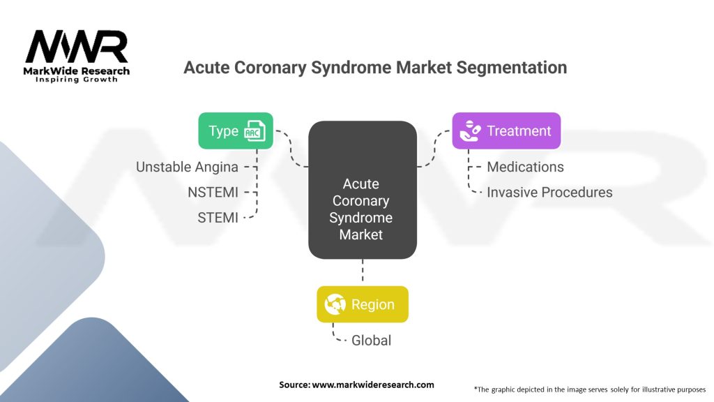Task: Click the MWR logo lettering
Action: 77,47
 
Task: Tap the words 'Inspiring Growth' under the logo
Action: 77,80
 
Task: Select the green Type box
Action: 236,131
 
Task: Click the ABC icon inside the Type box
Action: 254,131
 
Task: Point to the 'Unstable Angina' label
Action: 187,167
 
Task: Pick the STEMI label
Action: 218,218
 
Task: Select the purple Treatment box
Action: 506,131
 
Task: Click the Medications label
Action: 525,167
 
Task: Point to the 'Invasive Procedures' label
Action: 549,192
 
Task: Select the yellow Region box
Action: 362,304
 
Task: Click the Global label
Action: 371,341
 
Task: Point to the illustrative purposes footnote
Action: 589,389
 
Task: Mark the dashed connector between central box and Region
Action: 362,271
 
